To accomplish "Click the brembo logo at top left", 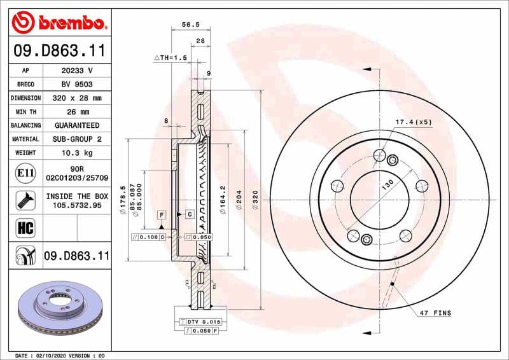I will point(59,23).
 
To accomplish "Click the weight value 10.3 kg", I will point(76,153).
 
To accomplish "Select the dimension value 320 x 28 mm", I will point(76,98).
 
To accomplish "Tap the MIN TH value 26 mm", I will point(76,112).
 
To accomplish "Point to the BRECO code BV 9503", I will point(76,84).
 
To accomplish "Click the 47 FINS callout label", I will point(436,312).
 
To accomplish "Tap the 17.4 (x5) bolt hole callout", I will point(414,121).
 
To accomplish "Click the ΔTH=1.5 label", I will point(171,57).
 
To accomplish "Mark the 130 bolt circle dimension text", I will point(387,186).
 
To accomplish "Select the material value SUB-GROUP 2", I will point(76,139).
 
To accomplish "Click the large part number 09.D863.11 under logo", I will point(59,50).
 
